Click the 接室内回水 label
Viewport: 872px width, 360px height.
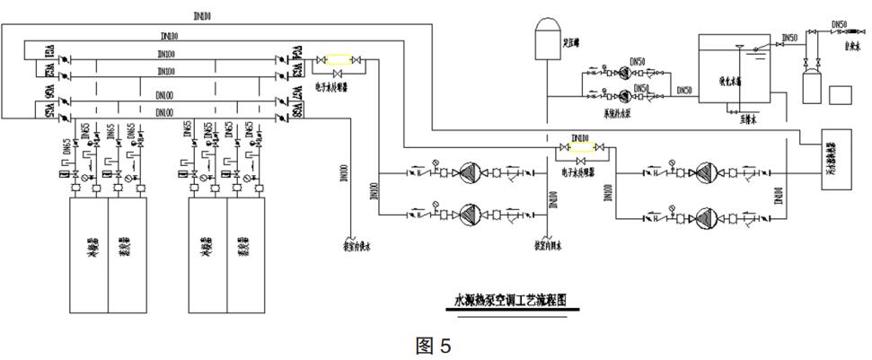click(549, 243)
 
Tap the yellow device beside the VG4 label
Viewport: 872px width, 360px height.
click(339, 61)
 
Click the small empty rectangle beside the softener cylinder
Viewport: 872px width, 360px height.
click(842, 94)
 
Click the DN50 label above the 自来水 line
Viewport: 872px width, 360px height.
click(839, 24)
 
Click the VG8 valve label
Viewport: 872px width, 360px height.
click(296, 112)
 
